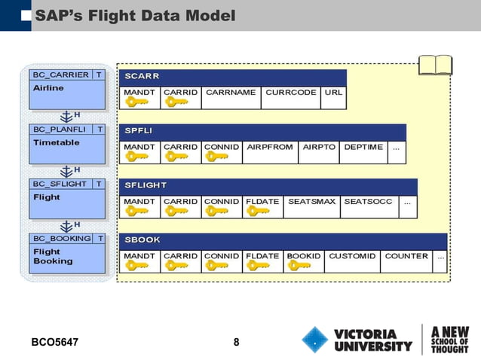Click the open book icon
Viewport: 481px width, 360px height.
coord(435,66)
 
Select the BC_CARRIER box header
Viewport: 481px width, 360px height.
coord(60,75)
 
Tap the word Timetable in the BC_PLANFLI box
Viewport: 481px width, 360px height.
coord(57,142)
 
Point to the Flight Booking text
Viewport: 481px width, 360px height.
coord(53,256)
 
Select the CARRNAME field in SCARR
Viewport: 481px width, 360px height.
coord(231,93)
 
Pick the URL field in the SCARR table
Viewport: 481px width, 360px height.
coord(332,93)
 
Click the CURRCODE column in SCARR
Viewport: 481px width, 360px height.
coord(290,93)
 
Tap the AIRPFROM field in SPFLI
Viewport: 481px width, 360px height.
coord(270,147)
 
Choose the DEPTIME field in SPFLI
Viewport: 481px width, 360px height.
coord(363,147)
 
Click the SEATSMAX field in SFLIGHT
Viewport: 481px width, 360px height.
coord(312,202)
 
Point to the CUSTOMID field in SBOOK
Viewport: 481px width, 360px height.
coord(351,256)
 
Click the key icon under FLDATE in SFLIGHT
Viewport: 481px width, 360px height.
coord(258,212)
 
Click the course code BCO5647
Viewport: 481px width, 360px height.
coord(54,343)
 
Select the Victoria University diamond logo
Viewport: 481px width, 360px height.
coord(316,340)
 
